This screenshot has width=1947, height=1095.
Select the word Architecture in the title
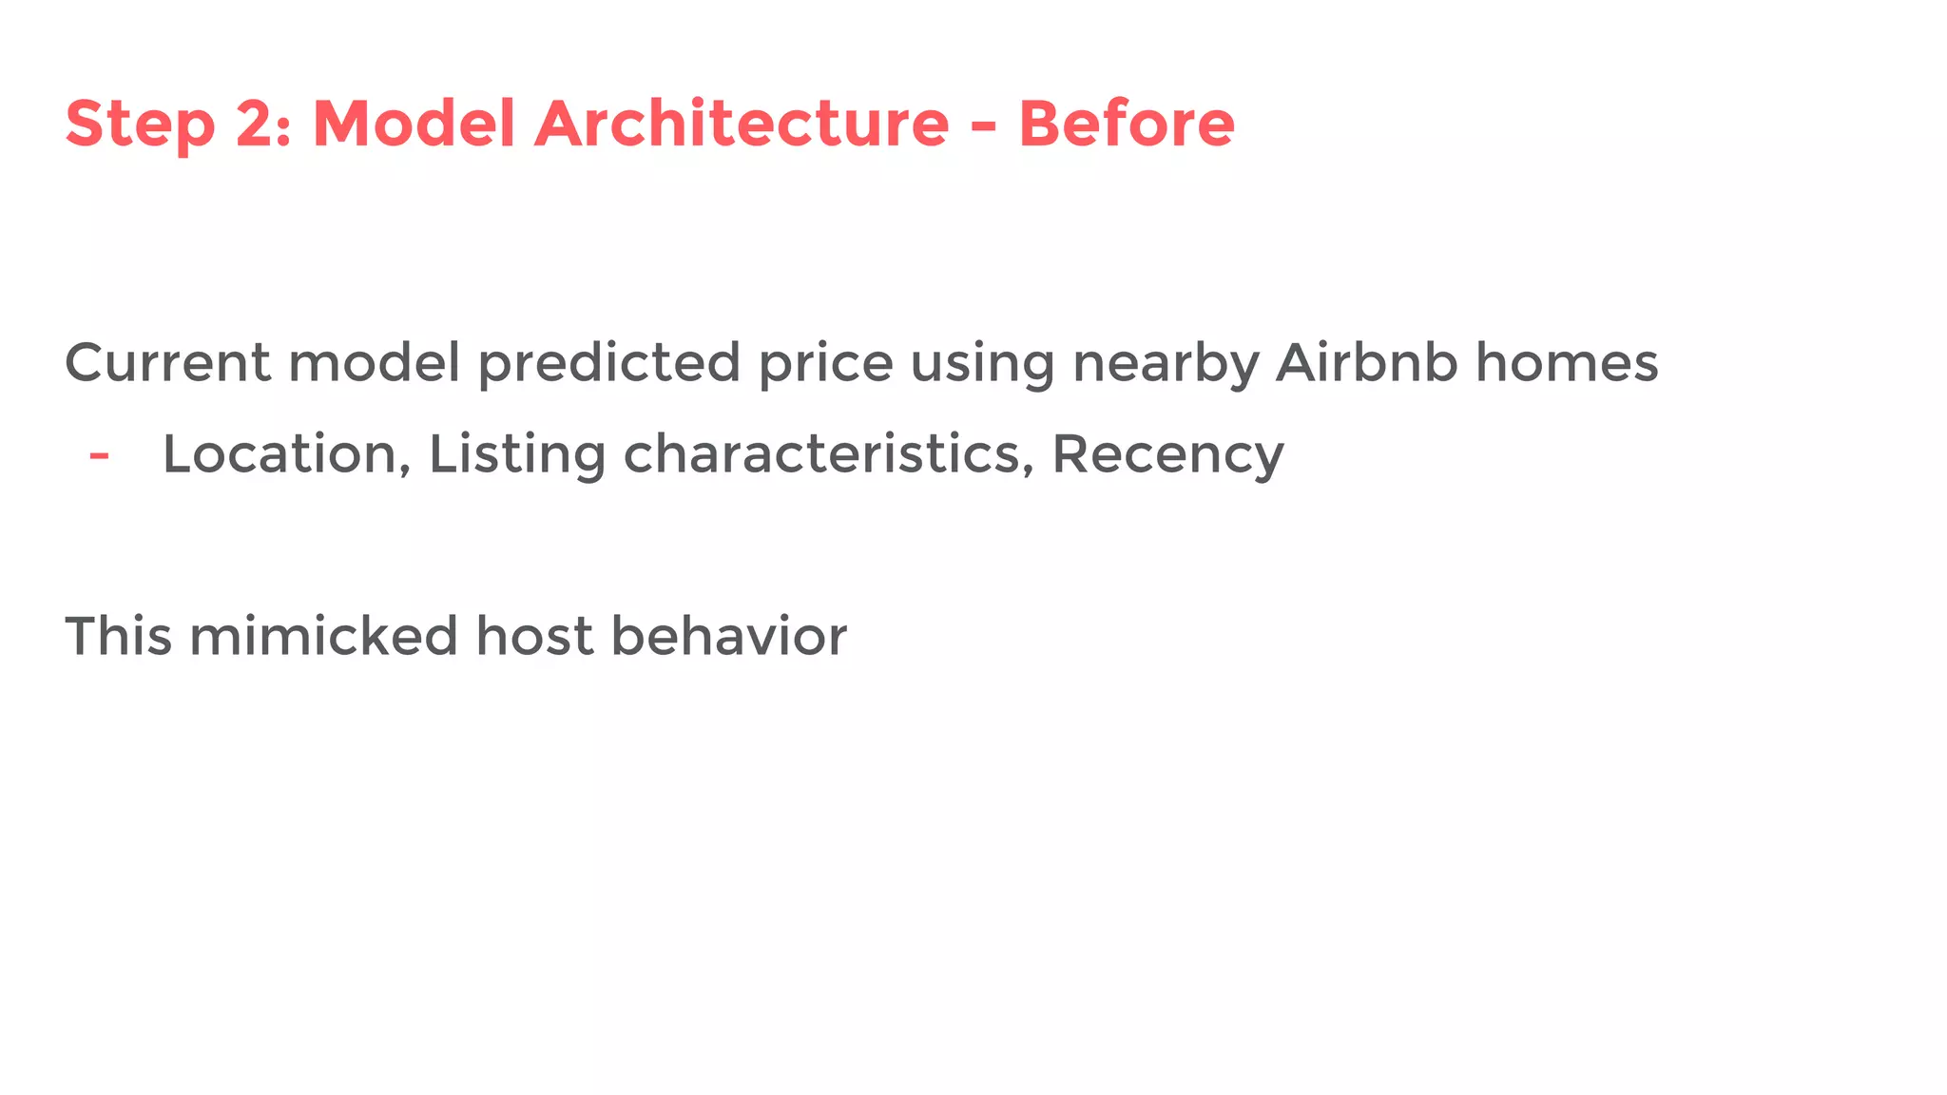[x=742, y=125]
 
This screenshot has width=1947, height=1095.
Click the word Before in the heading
[x=1127, y=125]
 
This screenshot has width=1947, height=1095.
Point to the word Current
[x=167, y=363]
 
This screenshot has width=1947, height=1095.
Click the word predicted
[x=608, y=363]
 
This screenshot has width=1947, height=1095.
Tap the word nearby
[x=1166, y=363]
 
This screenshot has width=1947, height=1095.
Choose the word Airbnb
[x=1367, y=363]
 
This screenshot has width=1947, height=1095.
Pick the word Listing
[x=517, y=454]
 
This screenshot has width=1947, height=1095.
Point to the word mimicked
[x=323, y=636]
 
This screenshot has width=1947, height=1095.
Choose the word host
[x=534, y=636]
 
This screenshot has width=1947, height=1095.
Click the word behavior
[x=728, y=636]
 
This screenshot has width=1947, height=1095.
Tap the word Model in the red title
[x=414, y=125]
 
